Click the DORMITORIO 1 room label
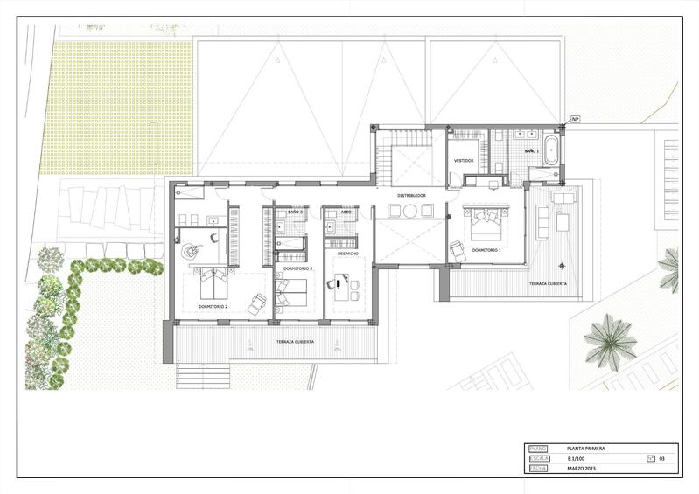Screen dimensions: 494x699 (486, 250)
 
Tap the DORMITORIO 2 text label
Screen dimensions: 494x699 (213, 307)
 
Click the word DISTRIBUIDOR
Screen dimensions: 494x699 (411, 195)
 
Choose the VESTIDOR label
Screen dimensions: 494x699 (463, 161)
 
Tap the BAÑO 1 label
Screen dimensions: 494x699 (532, 151)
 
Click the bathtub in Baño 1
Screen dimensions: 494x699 (550, 150)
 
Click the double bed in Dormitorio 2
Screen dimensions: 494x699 (213, 282)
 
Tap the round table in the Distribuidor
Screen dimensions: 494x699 (410, 210)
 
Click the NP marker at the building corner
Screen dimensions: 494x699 (575, 119)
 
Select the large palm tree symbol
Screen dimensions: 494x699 (610, 342)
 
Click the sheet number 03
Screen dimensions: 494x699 (662, 458)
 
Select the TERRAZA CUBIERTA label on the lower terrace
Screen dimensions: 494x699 (294, 342)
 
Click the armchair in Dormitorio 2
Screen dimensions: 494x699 (257, 303)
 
